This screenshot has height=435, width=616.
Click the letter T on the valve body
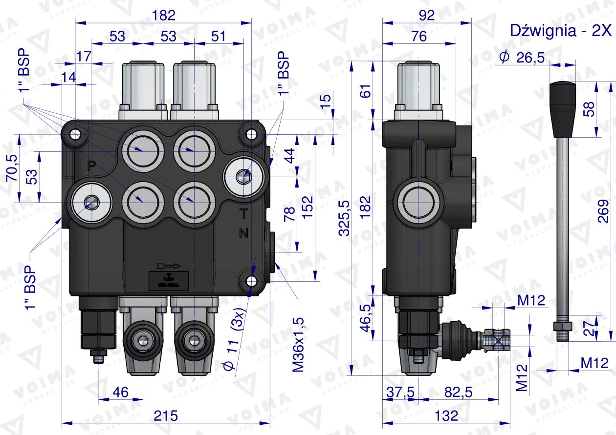(243, 213)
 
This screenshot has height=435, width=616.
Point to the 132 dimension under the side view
(445, 415)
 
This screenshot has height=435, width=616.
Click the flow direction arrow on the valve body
(169, 266)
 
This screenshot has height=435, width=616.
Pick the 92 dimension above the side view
(426, 15)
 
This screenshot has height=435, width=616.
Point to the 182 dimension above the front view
(163, 15)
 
